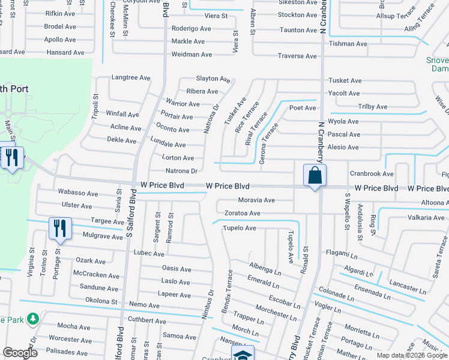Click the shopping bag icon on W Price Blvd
tap(315, 176)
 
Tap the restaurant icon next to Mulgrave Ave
tap(59, 229)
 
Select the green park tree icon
tap(34, 318)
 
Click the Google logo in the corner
tap(20, 353)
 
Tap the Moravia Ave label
tap(256, 200)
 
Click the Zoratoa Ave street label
tap(242, 213)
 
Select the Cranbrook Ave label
tap(372, 173)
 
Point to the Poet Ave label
tap(303, 108)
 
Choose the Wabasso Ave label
tap(77, 193)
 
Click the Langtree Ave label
tap(131, 77)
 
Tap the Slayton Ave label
tap(213, 79)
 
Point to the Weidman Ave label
tap(192, 55)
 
